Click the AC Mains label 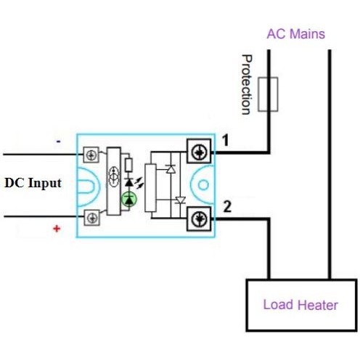295,34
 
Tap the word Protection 247,84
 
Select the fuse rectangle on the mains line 268,94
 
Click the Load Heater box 301,305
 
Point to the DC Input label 33,183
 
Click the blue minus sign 58,142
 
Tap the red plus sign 57,229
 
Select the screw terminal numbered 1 199,151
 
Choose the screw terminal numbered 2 199,219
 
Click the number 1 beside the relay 226,141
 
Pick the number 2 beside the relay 227,207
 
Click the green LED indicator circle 129,200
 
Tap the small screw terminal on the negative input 91,155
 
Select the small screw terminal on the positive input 92,218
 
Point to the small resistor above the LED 128,165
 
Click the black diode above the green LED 129,182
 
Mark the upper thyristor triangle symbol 171,168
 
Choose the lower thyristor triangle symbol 180,200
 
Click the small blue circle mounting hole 203,185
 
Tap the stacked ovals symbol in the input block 114,176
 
